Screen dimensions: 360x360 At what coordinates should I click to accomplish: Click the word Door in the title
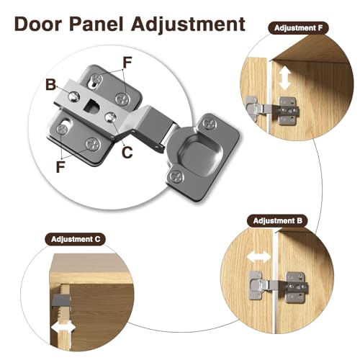tap(38, 24)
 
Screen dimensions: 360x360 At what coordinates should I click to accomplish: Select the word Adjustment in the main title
tap(188, 25)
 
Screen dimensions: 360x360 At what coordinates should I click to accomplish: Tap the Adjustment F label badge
tap(298, 28)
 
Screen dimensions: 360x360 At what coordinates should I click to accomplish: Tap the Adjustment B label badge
tap(277, 220)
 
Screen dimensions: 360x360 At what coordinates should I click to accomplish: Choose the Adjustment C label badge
tap(76, 239)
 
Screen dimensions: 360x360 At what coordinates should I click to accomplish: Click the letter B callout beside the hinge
tap(50, 85)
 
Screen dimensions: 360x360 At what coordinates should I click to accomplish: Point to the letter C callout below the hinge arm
tap(127, 152)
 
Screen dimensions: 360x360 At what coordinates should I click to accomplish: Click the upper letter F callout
tap(127, 62)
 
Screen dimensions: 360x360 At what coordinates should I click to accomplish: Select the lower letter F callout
tap(60, 167)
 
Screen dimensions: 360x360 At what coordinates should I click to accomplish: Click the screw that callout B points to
tap(74, 96)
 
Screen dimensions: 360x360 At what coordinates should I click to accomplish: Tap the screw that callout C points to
tap(111, 117)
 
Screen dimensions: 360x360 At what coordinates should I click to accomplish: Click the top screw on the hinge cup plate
tap(209, 125)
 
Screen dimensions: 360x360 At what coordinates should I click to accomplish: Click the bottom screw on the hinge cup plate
tap(177, 177)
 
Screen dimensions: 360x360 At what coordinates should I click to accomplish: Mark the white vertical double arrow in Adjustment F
tap(285, 78)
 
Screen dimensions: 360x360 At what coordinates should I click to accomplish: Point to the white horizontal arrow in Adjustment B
tap(259, 257)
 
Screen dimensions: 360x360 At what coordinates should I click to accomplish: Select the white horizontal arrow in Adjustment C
tap(63, 328)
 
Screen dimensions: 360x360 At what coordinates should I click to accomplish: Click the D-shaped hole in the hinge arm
tap(91, 107)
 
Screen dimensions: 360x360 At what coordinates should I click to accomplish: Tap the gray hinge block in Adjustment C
tap(60, 300)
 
